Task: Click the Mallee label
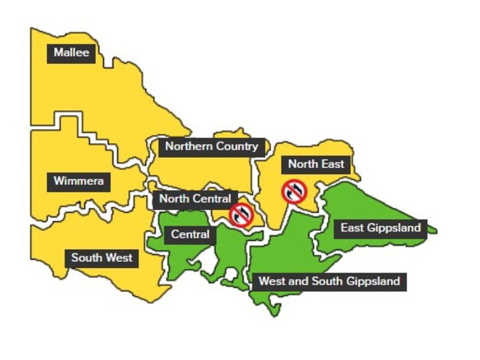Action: (71, 53)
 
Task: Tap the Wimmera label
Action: (78, 181)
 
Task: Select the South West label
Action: (101, 258)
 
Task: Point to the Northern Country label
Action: (212, 146)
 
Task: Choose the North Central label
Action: (194, 199)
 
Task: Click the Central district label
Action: (190, 234)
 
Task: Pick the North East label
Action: (316, 163)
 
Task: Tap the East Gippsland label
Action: (380, 227)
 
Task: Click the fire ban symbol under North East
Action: (295, 191)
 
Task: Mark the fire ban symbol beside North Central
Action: (241, 215)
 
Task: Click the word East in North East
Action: (332, 163)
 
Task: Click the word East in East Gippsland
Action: (351, 227)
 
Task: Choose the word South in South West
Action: (87, 258)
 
